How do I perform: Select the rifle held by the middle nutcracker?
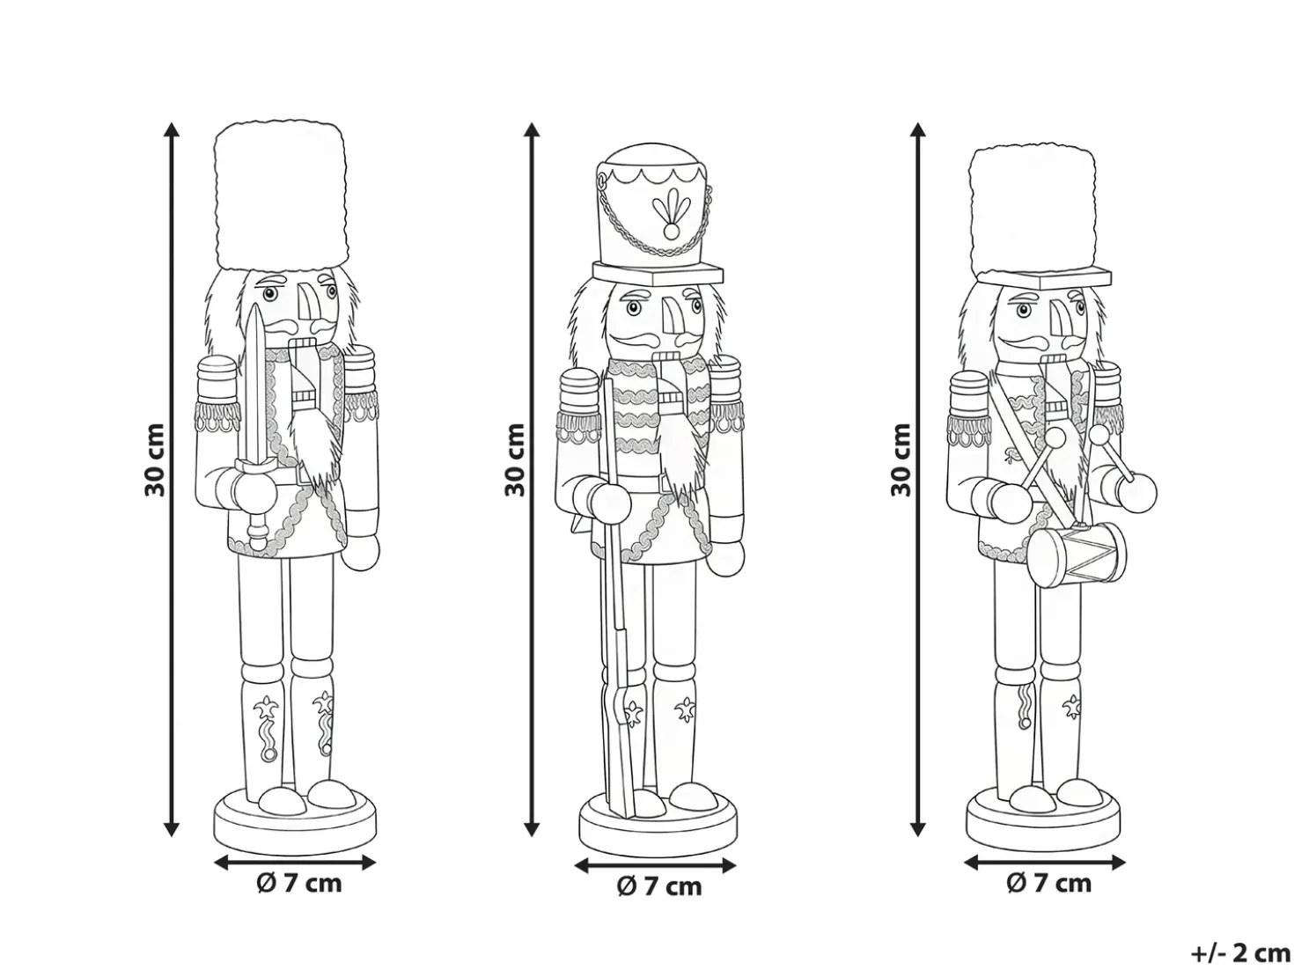(618, 595)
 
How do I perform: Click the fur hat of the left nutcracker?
(279, 195)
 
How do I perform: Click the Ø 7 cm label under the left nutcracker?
(299, 884)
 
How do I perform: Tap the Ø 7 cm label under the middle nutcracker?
(659, 886)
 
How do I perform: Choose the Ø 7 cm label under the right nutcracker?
(1048, 884)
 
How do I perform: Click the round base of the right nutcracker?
(1042, 820)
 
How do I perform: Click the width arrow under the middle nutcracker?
(655, 865)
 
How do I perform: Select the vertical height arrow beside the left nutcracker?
(172, 480)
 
